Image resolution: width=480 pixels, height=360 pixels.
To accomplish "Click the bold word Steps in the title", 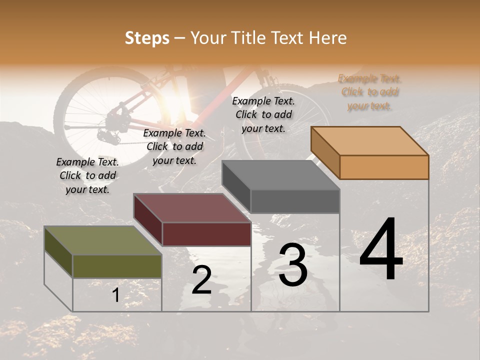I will (147, 38).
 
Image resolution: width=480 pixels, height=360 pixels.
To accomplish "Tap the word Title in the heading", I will (249, 38).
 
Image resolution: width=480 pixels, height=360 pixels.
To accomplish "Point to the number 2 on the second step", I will (201, 279).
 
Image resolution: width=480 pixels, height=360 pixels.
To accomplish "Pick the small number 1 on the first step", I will (115, 295).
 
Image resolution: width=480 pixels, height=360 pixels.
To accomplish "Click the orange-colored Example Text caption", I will (369, 92).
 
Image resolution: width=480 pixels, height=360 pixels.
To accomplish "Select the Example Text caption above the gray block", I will (263, 114).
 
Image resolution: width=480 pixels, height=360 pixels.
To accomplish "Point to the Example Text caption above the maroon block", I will (174, 146).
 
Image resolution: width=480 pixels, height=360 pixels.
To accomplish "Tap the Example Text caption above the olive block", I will (87, 175).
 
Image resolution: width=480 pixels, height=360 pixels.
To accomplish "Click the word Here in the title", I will (328, 38).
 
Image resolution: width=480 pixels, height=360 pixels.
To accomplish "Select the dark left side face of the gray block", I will (236, 185).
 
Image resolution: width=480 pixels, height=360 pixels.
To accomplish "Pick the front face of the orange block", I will (384, 166).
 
